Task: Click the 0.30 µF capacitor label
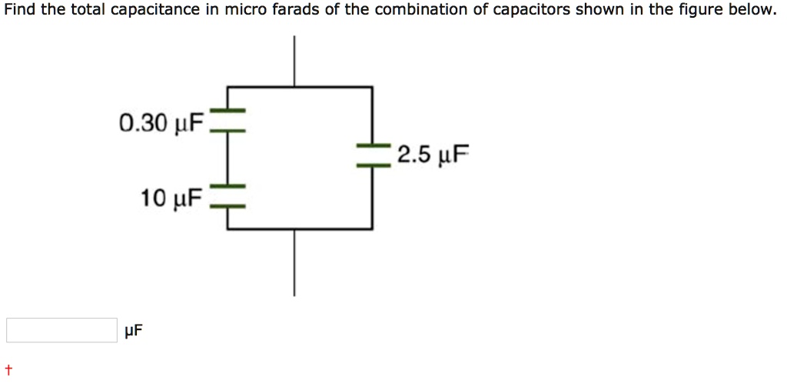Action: point(161,122)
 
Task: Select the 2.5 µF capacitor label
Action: point(433,156)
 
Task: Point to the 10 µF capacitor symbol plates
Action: point(227,197)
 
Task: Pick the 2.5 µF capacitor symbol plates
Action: point(373,155)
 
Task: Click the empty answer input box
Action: point(61,330)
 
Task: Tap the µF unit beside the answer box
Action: point(133,331)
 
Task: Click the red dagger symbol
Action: point(8,369)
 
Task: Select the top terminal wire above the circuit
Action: point(293,62)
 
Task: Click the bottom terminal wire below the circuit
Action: point(293,262)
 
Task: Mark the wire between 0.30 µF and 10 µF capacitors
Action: point(227,159)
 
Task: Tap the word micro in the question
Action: point(243,10)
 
